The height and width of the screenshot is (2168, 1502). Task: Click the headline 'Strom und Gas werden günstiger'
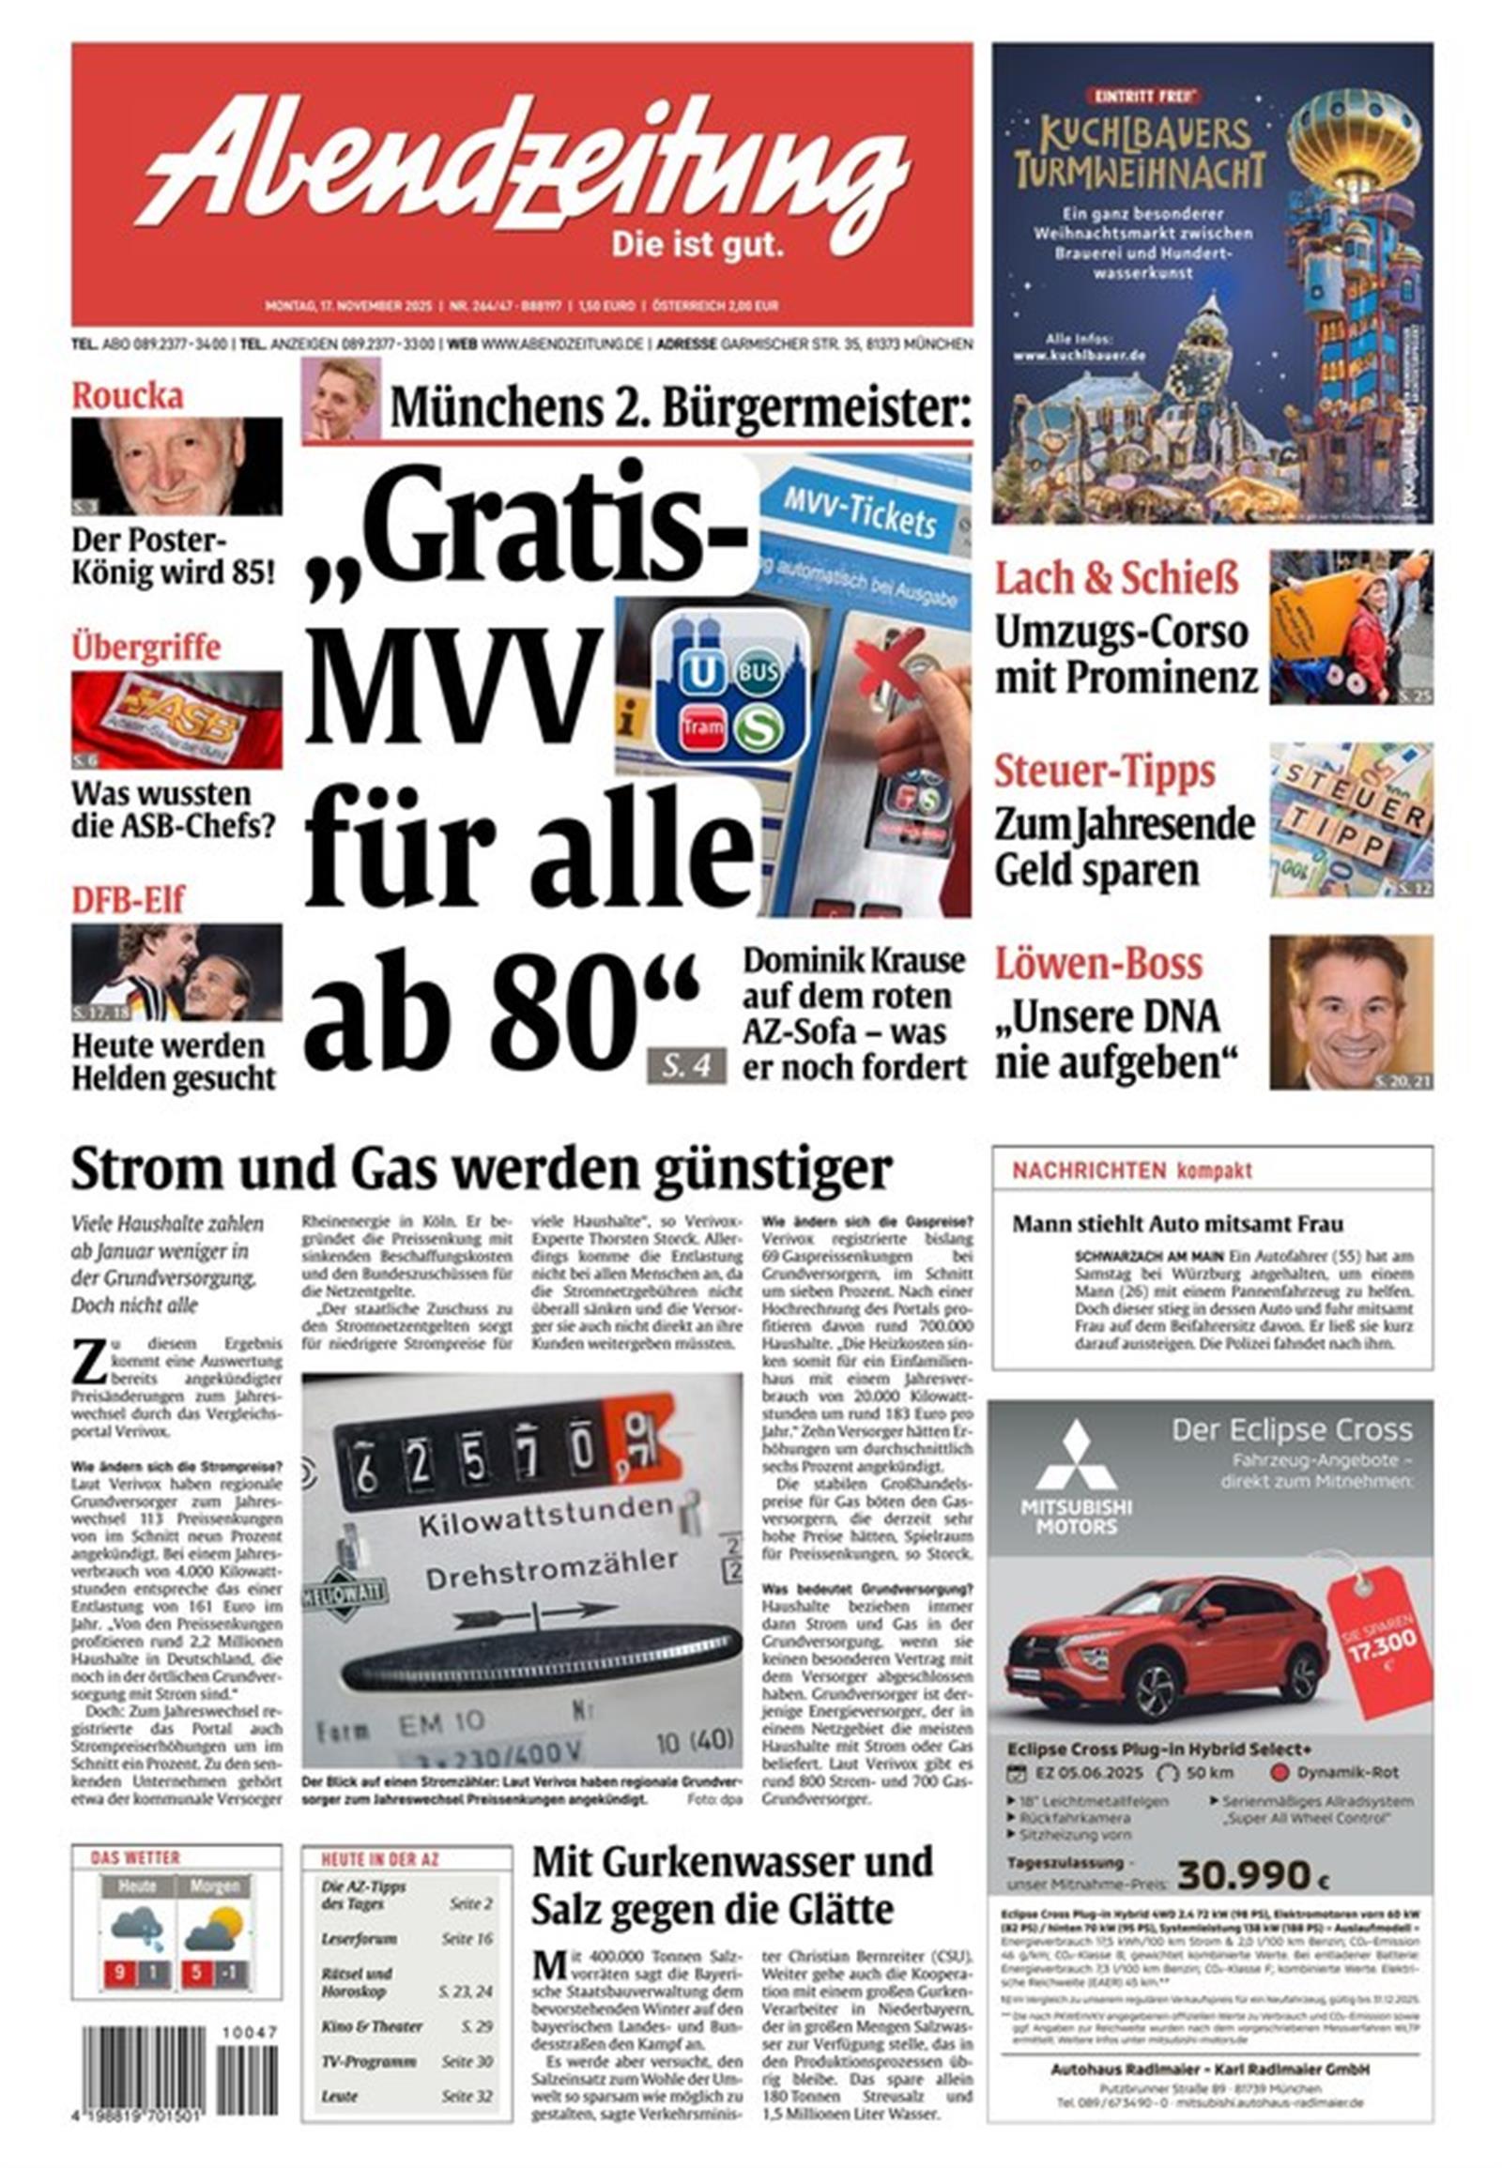[x=481, y=1170]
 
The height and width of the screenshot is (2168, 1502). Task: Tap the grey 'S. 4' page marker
[x=686, y=1068]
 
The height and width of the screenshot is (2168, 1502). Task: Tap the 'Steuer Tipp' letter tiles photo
[x=1351, y=818]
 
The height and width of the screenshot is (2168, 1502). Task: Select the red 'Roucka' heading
[x=127, y=396]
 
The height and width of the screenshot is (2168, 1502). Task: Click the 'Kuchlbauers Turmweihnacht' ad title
[x=1139, y=153]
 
